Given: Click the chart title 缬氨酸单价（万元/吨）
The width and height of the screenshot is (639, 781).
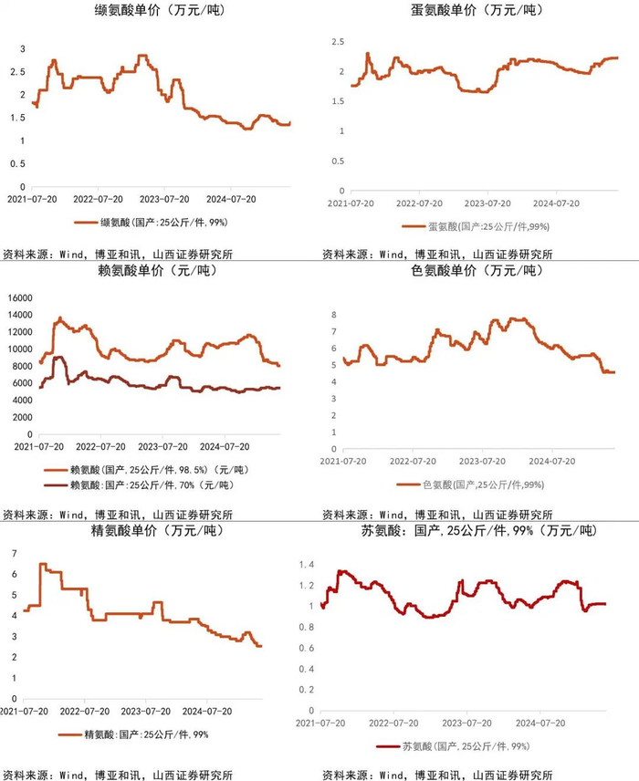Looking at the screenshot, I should tap(160, 12).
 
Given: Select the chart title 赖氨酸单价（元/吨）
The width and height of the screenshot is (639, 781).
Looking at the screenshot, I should tap(160, 271).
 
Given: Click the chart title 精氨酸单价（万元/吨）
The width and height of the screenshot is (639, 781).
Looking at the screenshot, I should tap(159, 530).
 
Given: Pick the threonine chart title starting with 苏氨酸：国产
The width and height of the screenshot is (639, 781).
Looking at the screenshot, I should tap(477, 530).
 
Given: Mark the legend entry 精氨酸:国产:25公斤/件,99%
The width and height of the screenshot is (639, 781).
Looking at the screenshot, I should tap(146, 734).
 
